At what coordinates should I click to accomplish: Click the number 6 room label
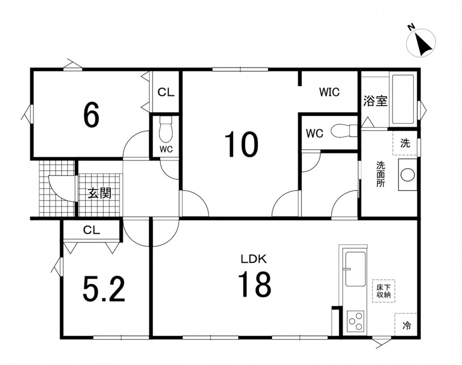[x=92, y=115]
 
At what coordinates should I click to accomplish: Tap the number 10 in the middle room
[x=241, y=145]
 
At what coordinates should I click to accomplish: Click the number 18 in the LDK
[x=254, y=284]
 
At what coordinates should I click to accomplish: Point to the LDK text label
[x=254, y=259]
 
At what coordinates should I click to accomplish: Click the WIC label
[x=330, y=92]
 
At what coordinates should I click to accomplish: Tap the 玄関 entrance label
[x=100, y=193]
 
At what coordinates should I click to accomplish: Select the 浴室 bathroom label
[x=375, y=101]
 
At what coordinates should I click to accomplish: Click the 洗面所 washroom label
[x=380, y=174]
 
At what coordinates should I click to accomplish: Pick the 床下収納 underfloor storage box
[x=383, y=291]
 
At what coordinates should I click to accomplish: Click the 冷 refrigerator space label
[x=407, y=326]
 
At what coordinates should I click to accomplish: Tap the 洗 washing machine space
[x=405, y=143]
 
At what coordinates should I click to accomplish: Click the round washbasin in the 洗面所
[x=408, y=175]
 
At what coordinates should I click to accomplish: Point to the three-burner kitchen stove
[x=355, y=321]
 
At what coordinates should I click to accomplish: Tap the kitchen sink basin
[x=355, y=269]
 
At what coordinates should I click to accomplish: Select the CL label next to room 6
[x=166, y=92]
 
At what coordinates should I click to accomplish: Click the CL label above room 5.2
[x=92, y=230]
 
